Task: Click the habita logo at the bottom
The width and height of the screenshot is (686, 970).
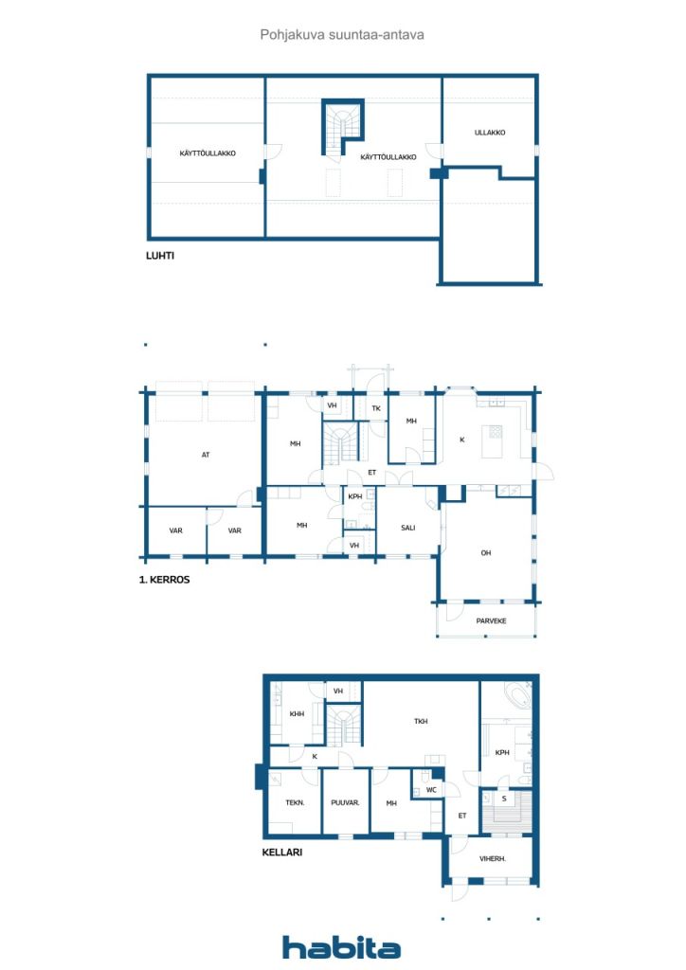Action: click(x=341, y=946)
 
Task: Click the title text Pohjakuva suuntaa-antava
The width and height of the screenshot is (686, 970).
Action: click(x=342, y=35)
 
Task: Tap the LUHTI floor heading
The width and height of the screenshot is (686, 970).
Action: click(x=160, y=256)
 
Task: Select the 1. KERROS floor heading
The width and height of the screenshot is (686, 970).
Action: click(x=164, y=579)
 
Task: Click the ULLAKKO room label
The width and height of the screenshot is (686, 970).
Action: click(x=490, y=133)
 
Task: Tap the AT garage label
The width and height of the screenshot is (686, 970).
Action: click(x=206, y=455)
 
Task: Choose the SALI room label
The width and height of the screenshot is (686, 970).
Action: click(x=408, y=528)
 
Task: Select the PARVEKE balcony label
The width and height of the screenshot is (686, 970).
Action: click(x=491, y=620)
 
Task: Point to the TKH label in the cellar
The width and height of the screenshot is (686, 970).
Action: click(x=421, y=721)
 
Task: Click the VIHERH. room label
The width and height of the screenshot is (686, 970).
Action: click(x=492, y=859)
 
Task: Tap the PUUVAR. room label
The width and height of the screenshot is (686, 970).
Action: click(x=345, y=803)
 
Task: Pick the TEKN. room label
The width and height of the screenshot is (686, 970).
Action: click(x=295, y=803)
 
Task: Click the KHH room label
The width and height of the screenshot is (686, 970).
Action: click(x=297, y=714)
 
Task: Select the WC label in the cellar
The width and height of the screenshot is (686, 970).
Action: click(x=431, y=789)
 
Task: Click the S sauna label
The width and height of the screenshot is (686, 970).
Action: click(x=504, y=799)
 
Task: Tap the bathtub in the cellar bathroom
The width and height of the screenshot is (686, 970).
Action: click(x=517, y=697)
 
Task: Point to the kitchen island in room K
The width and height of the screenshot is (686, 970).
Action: click(x=493, y=439)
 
